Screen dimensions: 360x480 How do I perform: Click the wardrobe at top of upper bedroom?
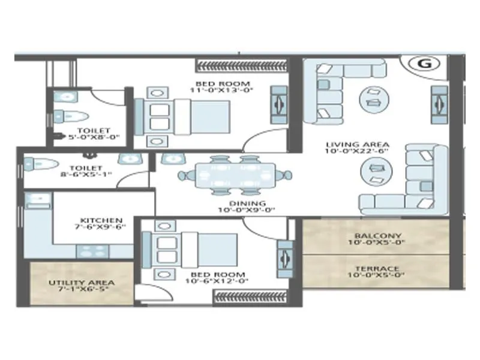241,65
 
